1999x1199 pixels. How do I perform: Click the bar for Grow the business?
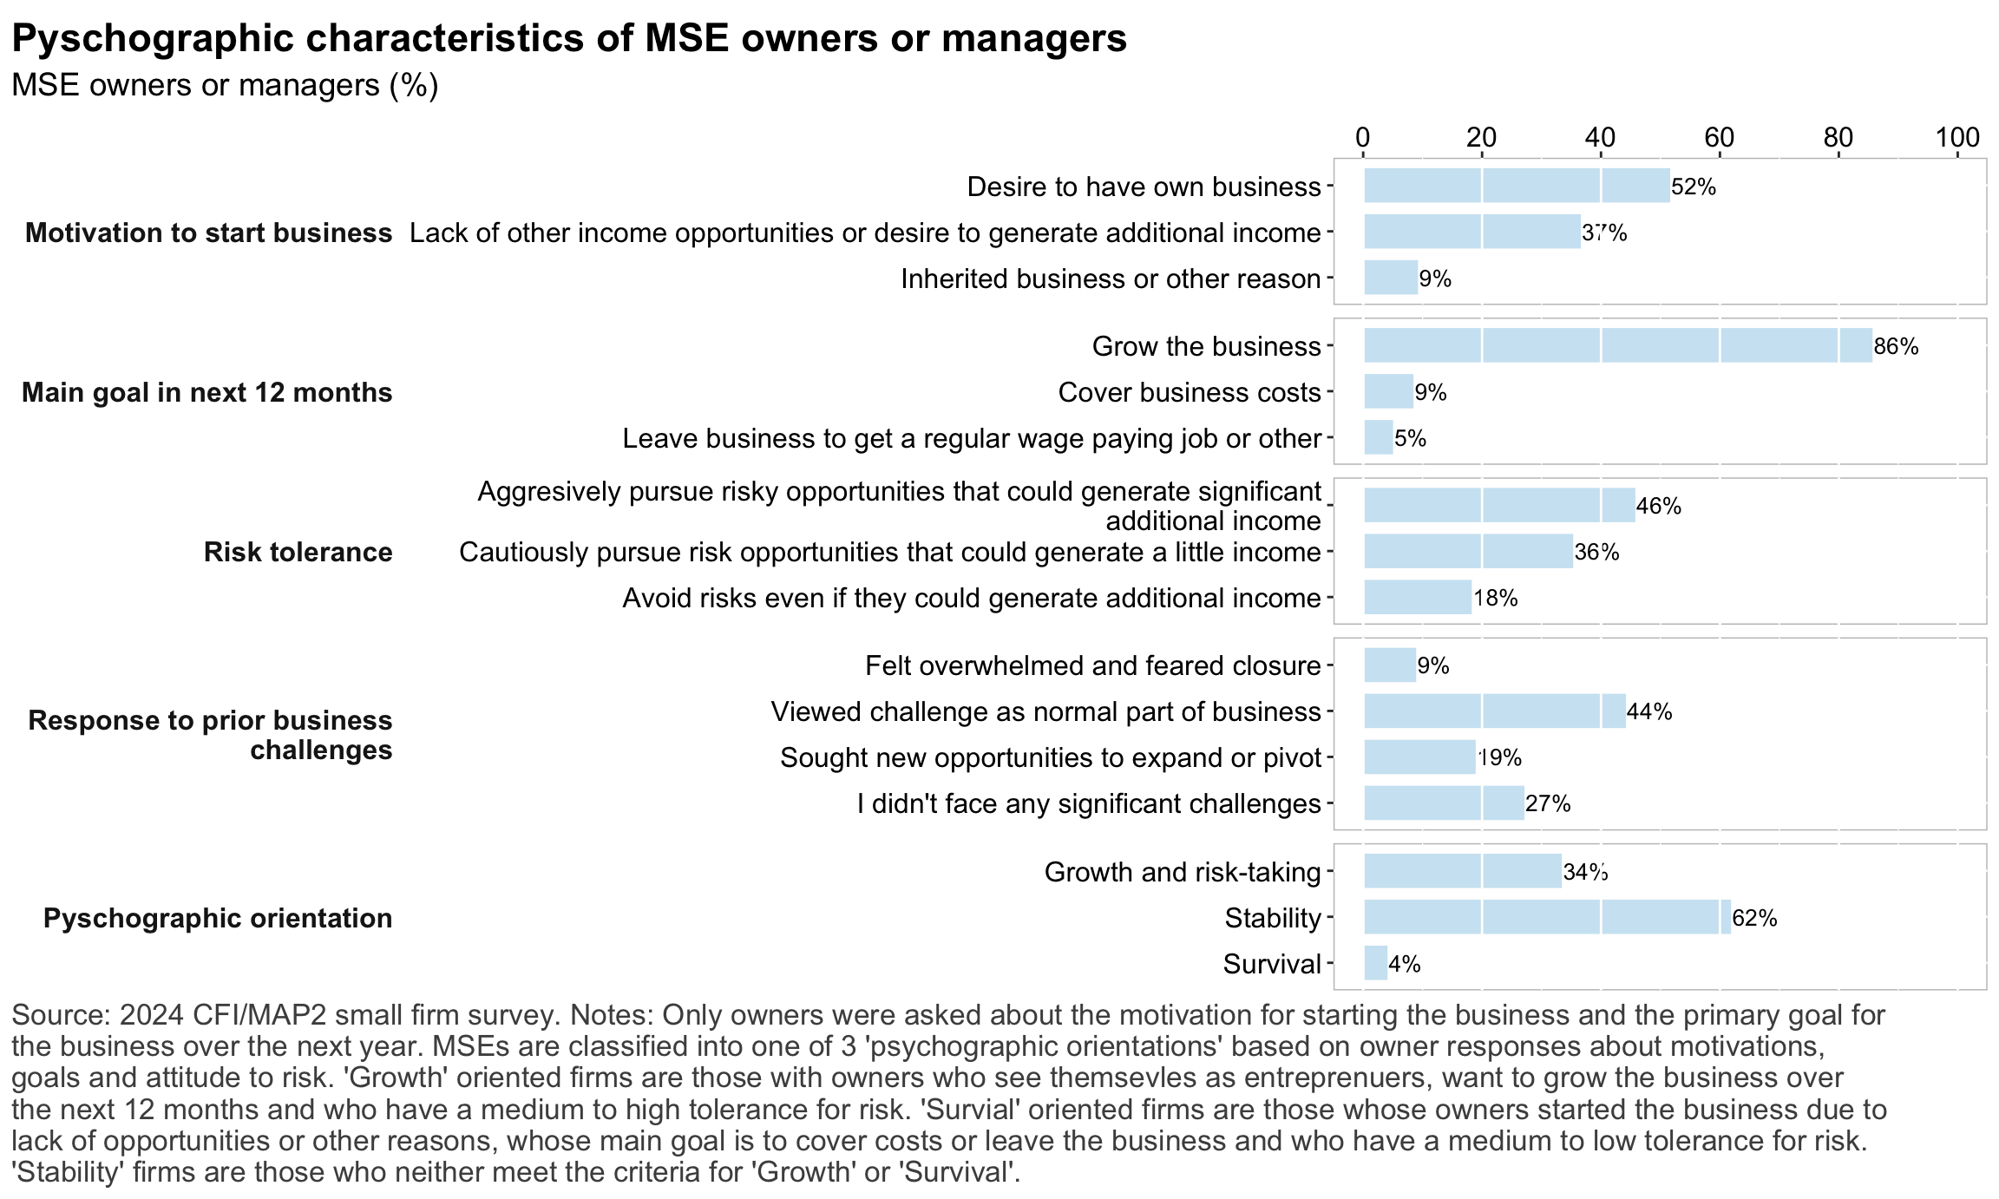(1617, 345)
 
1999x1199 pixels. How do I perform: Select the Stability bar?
(1547, 917)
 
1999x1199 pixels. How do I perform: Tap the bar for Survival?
(1375, 963)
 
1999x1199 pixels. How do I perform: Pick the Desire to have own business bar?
(1517, 186)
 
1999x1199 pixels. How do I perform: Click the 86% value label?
(1896, 347)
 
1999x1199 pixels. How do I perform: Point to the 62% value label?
(1754, 918)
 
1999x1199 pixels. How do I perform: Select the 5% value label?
(1410, 439)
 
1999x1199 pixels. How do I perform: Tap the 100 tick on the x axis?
(1957, 137)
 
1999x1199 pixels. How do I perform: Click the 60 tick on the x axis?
(1720, 137)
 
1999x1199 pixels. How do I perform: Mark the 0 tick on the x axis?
(1363, 137)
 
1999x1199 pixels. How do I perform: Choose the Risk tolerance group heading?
(298, 552)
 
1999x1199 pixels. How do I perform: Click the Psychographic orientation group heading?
(218, 918)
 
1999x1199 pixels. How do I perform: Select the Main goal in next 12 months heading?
(206, 392)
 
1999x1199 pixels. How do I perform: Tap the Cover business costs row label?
(1189, 392)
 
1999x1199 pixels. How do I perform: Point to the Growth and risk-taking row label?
(1182, 872)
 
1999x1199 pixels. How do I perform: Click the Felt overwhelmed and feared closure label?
(1092, 665)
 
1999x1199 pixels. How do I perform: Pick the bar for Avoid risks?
(1418, 597)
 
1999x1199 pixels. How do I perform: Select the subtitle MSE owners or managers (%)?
(225, 85)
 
